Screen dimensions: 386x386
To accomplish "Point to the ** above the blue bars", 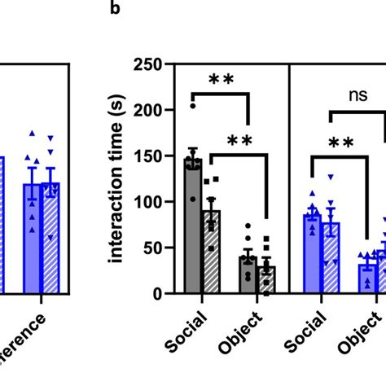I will click(x=340, y=144).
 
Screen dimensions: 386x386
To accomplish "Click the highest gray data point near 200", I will click(x=193, y=106).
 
